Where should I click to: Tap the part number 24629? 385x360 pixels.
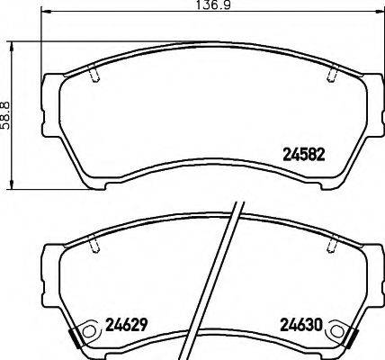coord(127,325)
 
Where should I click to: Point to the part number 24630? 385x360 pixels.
coord(300,325)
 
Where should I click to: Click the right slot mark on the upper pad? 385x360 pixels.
coord(332,75)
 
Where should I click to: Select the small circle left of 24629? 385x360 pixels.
coord(87,332)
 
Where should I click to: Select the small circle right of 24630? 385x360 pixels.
coord(338,332)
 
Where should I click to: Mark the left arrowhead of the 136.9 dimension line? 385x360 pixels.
coord(48,17)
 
